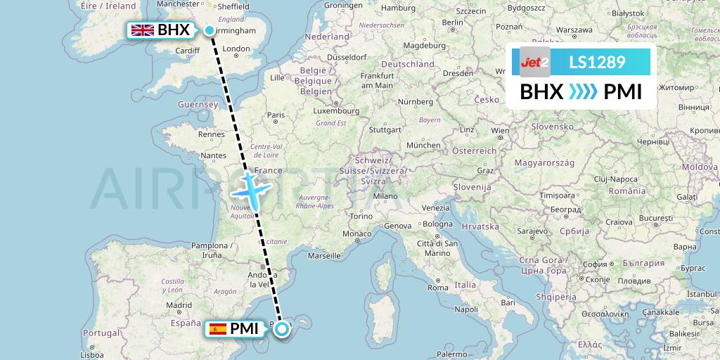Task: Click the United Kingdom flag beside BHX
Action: [x=143, y=30]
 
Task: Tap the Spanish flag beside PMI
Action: [x=217, y=328]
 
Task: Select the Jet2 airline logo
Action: [x=534, y=63]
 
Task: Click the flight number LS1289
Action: [x=597, y=63]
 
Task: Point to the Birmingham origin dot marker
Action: [x=210, y=30]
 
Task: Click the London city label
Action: [x=236, y=49]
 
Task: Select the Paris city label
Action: [x=275, y=115]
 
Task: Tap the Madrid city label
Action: [x=180, y=305]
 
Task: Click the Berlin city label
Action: [x=453, y=22]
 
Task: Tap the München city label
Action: [x=423, y=145]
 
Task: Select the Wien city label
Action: [x=501, y=130]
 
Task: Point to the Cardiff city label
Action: [x=188, y=51]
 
